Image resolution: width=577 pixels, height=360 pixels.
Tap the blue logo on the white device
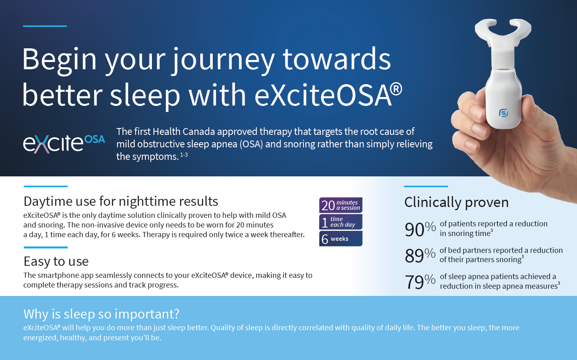coord(504,113)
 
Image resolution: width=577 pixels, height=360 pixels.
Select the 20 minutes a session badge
coord(341,205)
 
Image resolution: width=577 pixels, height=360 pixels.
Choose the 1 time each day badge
coord(341,222)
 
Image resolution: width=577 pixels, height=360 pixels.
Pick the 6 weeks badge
coord(341,238)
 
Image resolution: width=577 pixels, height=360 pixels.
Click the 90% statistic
coord(420,229)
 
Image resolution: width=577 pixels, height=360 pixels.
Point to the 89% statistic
coord(420,255)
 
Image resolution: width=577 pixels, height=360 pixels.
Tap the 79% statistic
coord(420,281)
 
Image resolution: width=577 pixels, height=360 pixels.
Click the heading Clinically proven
coord(457,202)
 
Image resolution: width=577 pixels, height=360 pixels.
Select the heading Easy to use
coord(56,261)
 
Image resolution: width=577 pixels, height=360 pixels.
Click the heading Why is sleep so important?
coord(101,314)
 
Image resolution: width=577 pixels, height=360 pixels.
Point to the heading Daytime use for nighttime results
coord(121,201)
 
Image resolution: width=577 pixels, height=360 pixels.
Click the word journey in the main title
coord(223,60)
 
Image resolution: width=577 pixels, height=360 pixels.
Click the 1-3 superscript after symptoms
coord(184,155)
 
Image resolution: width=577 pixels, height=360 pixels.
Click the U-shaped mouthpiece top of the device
coord(503,31)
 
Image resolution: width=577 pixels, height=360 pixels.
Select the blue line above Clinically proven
coord(426,186)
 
